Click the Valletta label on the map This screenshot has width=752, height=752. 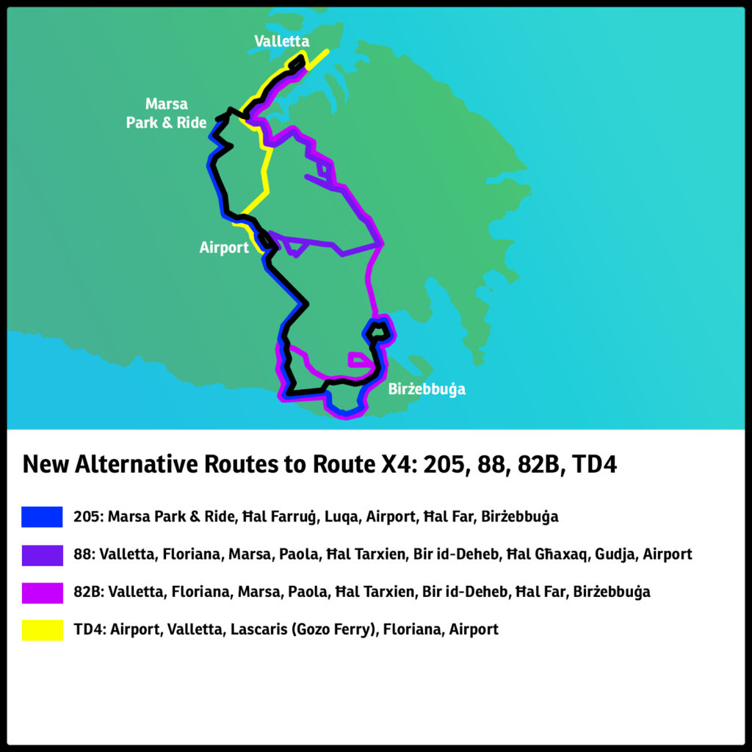click(x=282, y=41)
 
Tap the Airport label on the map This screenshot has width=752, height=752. click(x=224, y=247)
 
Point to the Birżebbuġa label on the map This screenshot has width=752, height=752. click(x=427, y=389)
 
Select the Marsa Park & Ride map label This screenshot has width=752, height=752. click(x=166, y=114)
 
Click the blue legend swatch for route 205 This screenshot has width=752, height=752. click(x=42, y=517)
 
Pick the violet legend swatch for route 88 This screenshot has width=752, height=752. click(x=42, y=554)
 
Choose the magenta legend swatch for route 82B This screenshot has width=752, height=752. click(x=42, y=592)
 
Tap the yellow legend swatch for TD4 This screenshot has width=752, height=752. click(x=42, y=629)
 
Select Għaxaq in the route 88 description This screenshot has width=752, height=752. click(x=552, y=554)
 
